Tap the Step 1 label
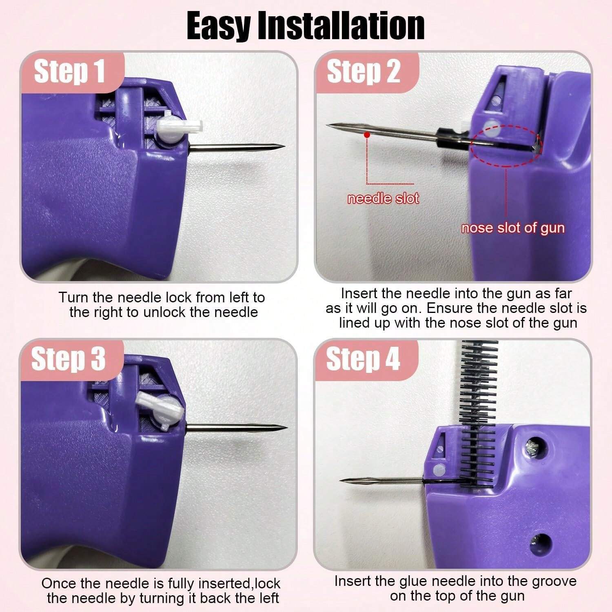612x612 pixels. [x=69, y=71]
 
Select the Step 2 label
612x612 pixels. [x=363, y=71]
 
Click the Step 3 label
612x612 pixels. [x=69, y=359]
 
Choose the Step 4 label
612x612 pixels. [x=363, y=359]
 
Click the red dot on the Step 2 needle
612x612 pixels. [x=367, y=134]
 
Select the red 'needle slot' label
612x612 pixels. [x=383, y=199]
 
